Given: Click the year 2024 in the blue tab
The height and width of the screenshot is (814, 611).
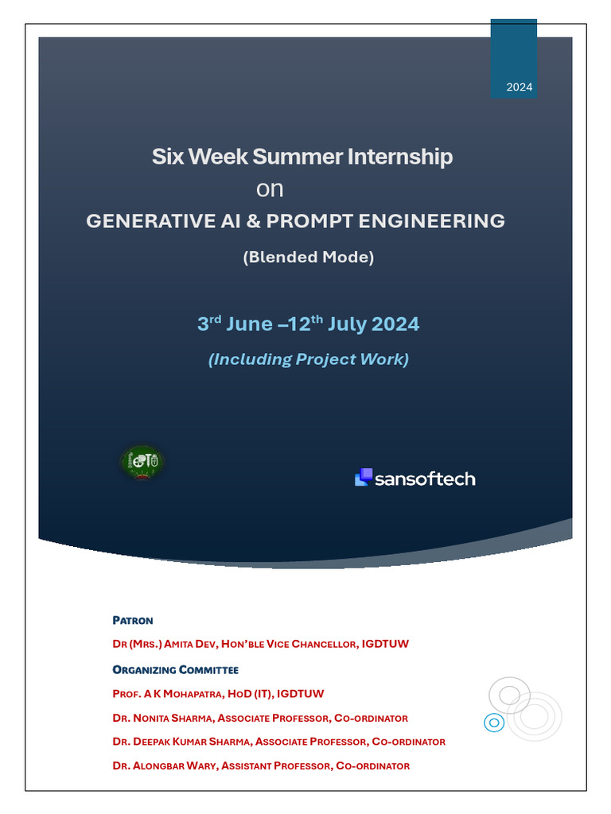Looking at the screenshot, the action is [x=519, y=87].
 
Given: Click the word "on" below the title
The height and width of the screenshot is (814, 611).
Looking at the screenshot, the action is [x=270, y=189].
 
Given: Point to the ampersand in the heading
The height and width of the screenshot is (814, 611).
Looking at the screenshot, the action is [x=253, y=221].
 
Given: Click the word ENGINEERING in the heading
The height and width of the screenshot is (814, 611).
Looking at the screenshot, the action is [x=431, y=221].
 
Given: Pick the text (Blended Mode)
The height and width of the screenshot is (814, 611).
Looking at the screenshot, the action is [x=309, y=257].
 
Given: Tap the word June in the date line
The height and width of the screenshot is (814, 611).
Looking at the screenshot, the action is [x=249, y=324].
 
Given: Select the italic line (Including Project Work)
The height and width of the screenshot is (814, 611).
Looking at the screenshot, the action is [x=309, y=359].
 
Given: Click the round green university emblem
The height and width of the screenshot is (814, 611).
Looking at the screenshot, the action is [x=142, y=462].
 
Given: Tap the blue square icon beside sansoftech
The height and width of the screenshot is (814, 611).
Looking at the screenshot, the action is [x=364, y=477].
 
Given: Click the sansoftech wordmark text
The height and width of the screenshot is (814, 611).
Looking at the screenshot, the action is [x=425, y=479].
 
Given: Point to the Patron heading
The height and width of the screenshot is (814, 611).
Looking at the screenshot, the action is [x=133, y=621].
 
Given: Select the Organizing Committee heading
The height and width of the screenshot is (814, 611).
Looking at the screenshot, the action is [x=176, y=670].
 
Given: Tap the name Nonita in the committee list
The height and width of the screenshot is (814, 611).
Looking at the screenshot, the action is [x=151, y=719].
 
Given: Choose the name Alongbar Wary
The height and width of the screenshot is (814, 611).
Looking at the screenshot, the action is [x=174, y=766].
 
